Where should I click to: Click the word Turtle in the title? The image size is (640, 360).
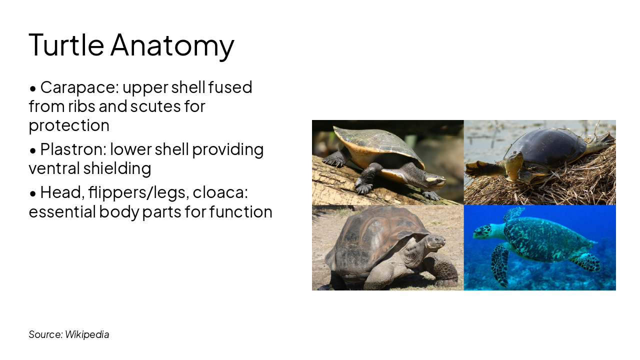pyautogui.click(x=66, y=44)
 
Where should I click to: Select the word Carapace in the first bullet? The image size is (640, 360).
pyautogui.click(x=78, y=87)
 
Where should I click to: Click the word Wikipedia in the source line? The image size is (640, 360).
pyautogui.click(x=87, y=334)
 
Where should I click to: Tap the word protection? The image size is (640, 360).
pyautogui.click(x=69, y=125)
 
